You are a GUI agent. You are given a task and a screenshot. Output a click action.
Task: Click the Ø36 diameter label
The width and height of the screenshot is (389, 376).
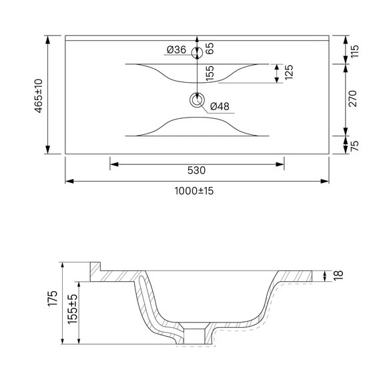pos(176,49)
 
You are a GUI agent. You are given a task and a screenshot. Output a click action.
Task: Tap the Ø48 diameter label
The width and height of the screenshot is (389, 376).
pos(220,106)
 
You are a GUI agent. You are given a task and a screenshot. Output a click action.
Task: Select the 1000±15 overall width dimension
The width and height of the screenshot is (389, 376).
pos(194,191)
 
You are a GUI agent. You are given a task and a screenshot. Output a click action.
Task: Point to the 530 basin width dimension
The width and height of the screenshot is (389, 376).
pos(196,170)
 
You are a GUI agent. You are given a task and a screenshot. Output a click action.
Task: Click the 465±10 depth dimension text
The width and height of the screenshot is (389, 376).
pos(39,96)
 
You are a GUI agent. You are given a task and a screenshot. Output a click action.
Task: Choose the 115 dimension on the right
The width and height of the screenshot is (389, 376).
pos(355,51)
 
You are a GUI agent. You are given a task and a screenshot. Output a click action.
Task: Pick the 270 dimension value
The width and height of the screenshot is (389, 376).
pos(352,99)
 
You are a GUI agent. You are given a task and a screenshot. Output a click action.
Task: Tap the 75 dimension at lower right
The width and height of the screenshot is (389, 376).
pos(355,146)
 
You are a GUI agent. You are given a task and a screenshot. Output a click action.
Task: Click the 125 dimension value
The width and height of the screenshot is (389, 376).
pos(289,72)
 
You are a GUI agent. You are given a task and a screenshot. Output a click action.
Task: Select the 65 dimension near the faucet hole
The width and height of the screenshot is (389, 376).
pos(210,49)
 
